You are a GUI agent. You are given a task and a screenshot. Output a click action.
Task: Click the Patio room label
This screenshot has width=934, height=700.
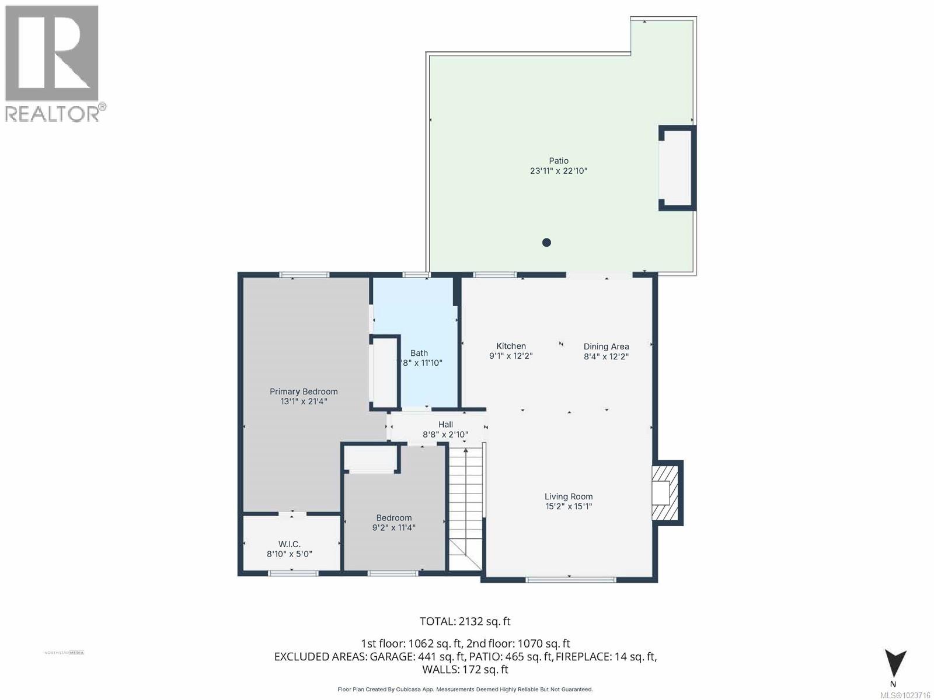[x=558, y=161]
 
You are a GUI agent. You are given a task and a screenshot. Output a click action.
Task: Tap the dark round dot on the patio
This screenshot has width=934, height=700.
[x=546, y=243]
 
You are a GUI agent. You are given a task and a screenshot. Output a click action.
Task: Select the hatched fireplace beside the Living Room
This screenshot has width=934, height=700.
[x=665, y=493]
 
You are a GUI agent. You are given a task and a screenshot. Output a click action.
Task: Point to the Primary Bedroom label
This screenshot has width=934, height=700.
[x=304, y=391]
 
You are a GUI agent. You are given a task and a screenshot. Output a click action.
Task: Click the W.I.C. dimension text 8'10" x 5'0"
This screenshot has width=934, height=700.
[x=290, y=554]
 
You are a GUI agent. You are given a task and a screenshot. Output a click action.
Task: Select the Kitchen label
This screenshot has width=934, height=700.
[x=511, y=346]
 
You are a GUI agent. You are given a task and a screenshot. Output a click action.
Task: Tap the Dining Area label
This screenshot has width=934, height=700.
[x=606, y=346]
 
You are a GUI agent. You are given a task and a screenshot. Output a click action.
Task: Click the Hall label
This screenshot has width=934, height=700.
[x=445, y=425]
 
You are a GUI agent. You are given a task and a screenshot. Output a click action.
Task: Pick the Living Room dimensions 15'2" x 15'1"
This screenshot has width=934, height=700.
[x=569, y=506]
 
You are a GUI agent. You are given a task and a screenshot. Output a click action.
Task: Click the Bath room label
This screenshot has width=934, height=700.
[x=419, y=353]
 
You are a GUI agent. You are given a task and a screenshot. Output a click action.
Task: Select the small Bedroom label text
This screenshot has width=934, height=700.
[x=393, y=517]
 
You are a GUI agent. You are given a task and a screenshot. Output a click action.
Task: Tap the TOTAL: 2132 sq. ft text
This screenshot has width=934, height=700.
[x=465, y=621]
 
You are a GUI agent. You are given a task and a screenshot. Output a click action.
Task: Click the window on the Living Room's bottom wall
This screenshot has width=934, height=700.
[x=570, y=580]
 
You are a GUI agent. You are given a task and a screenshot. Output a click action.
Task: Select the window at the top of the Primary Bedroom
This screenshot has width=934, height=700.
[x=304, y=275]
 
